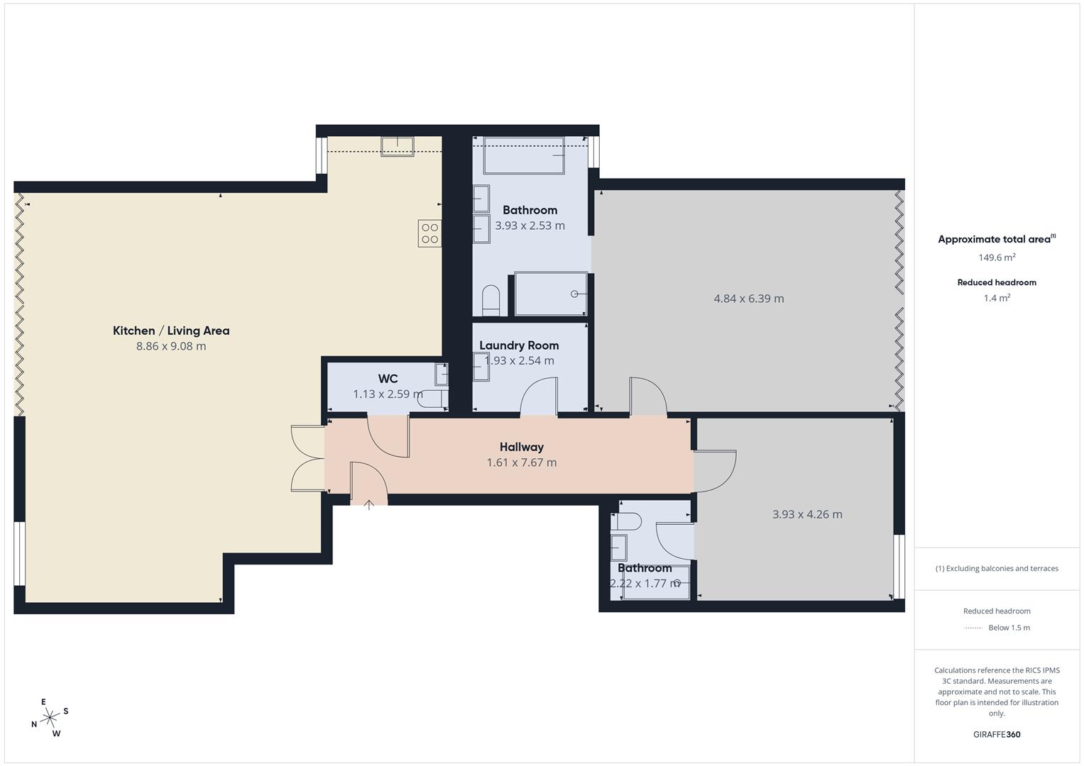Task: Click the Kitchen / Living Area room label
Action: pyautogui.click(x=171, y=331)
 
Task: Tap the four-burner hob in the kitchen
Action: pyautogui.click(x=429, y=233)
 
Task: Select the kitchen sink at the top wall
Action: pyautogui.click(x=398, y=146)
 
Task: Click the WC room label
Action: pyautogui.click(x=388, y=379)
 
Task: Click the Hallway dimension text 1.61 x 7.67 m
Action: pyautogui.click(x=521, y=462)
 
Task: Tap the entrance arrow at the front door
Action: pyautogui.click(x=369, y=505)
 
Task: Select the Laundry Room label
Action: pyautogui.click(x=519, y=345)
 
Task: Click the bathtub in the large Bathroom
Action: pyautogui.click(x=524, y=155)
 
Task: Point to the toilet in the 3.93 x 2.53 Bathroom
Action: pyautogui.click(x=491, y=299)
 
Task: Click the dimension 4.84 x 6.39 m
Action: pyautogui.click(x=749, y=299)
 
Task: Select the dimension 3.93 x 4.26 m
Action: pyautogui.click(x=807, y=514)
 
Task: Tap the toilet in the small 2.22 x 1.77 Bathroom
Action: pyautogui.click(x=629, y=522)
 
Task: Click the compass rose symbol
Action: pyautogui.click(x=50, y=718)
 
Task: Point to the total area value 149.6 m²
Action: pyautogui.click(x=997, y=257)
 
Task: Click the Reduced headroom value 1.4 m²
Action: pyautogui.click(x=997, y=298)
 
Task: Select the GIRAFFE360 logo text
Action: pyautogui.click(x=997, y=734)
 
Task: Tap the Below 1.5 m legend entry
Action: pyautogui.click(x=1008, y=628)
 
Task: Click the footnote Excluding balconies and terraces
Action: pyautogui.click(x=997, y=568)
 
